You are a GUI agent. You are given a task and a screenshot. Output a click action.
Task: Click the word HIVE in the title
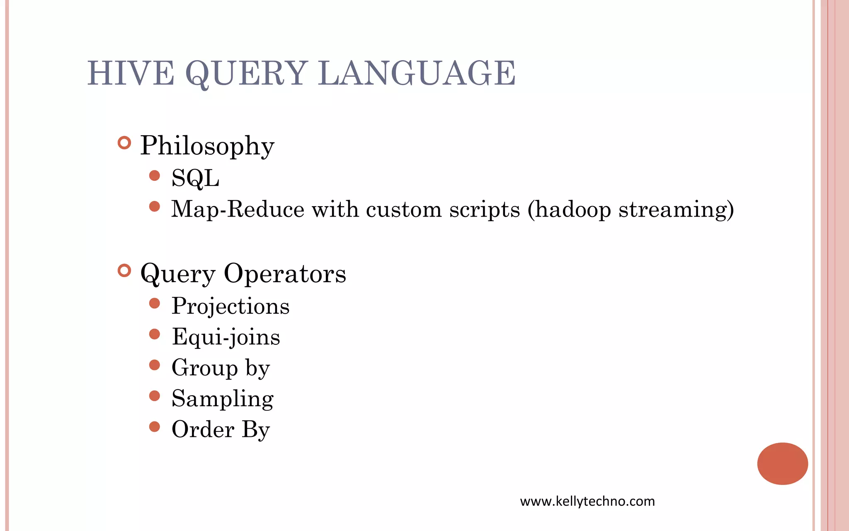click(x=131, y=73)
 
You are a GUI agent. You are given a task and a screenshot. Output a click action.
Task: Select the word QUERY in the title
click(x=246, y=73)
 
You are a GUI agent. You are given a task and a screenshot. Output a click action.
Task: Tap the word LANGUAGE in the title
click(x=417, y=73)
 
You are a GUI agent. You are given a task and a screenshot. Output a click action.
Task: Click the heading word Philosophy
click(x=207, y=146)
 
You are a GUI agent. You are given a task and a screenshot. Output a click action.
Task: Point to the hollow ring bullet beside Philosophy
click(x=124, y=143)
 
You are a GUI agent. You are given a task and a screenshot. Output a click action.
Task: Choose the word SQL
click(x=195, y=178)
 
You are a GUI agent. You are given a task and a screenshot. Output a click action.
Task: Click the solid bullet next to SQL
click(x=155, y=175)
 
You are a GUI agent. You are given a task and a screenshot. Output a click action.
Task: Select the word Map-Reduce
click(x=238, y=209)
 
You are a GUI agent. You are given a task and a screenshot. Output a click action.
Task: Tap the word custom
click(x=404, y=209)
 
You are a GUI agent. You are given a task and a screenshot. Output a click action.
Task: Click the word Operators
click(x=285, y=274)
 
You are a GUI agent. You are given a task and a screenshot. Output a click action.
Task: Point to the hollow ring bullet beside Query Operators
click(x=124, y=271)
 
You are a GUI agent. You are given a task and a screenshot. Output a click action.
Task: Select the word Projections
click(x=230, y=306)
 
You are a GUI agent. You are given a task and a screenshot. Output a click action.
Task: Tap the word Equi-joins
click(x=226, y=337)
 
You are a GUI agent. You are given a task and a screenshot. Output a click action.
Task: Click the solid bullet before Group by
click(x=155, y=365)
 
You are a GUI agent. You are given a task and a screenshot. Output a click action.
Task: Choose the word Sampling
click(x=223, y=399)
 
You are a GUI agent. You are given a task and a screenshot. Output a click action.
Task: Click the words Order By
click(x=221, y=430)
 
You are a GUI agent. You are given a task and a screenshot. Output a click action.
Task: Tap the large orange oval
click(x=782, y=463)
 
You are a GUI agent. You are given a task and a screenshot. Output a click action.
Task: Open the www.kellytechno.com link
click(x=587, y=502)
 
